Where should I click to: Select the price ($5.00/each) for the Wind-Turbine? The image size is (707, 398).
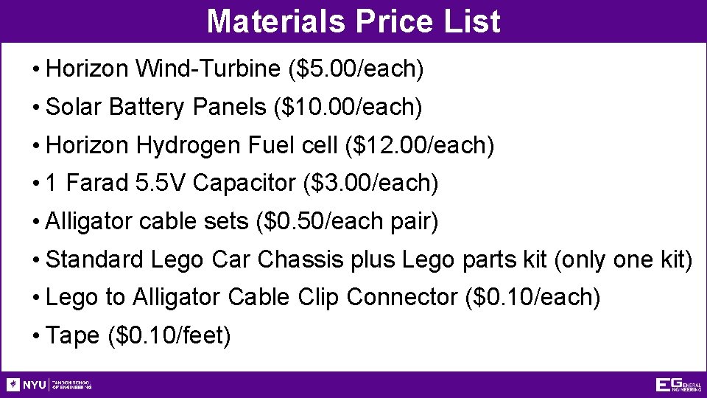coord(357,69)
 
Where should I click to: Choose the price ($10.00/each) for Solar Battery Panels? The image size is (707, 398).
coord(348,108)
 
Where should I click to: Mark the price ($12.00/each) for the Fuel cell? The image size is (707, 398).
coord(419,145)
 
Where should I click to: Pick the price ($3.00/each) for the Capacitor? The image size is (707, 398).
coord(370,184)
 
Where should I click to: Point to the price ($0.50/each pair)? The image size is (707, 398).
coord(345,221)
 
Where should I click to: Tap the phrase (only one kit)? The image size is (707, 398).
coord(623,259)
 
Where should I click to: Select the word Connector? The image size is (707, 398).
coord(402,297)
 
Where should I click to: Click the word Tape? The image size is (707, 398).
coord(72,336)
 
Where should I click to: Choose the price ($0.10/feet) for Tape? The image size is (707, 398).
coord(169,336)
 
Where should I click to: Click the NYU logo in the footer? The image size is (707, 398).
coord(27,385)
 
